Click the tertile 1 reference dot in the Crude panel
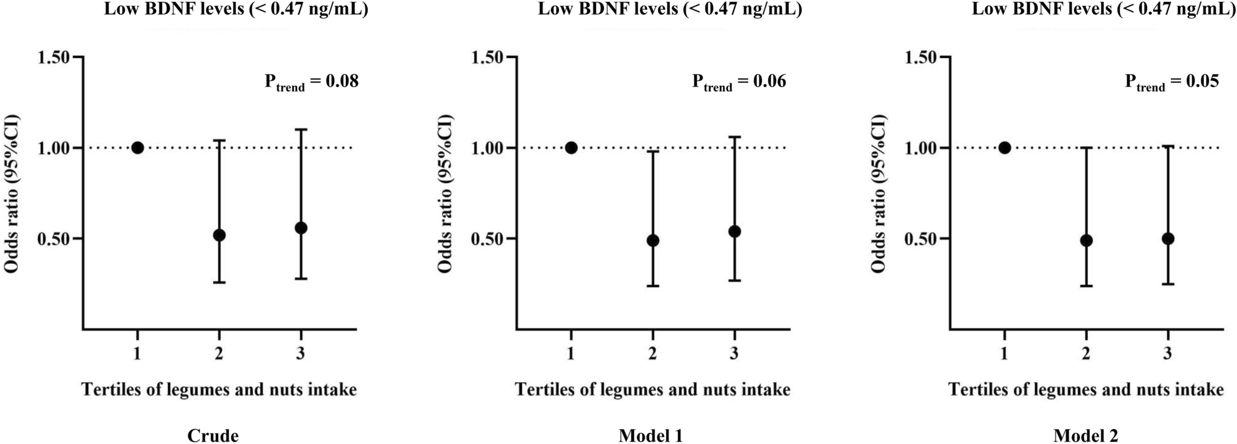point(137,148)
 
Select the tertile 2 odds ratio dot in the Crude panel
point(219,235)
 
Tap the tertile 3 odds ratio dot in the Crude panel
point(301,228)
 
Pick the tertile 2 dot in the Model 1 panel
point(653,240)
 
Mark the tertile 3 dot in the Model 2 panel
point(1167,239)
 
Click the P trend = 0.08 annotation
point(311,82)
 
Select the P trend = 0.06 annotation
point(739,82)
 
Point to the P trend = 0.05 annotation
point(1172,82)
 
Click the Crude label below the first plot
point(213,436)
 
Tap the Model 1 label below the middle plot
point(651,436)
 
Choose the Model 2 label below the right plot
point(1085,436)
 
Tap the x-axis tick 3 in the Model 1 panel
point(734,353)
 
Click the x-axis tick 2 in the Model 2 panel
point(1086,353)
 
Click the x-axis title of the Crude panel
point(219,390)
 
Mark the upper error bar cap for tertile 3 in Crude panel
point(301,129)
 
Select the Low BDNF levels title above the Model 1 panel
point(669,9)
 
